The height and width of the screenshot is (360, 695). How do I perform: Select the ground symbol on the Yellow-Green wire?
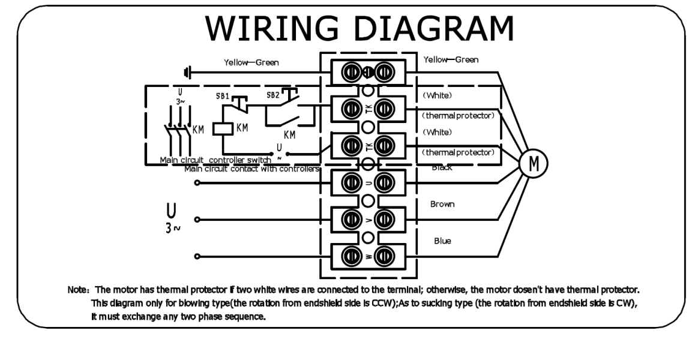click(x=187, y=73)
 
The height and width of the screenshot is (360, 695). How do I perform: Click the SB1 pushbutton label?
click(x=222, y=96)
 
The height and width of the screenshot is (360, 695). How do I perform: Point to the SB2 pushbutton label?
click(x=273, y=95)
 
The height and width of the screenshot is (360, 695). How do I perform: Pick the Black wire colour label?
click(x=442, y=167)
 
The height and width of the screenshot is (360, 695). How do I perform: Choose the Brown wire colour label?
click(x=442, y=204)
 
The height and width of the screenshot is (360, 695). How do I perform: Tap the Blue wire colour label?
click(x=442, y=241)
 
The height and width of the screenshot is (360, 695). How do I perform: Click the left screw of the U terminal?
click(x=349, y=182)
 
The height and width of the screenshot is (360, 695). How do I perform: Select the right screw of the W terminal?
click(x=384, y=256)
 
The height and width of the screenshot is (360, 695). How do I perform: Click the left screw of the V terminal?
click(x=349, y=219)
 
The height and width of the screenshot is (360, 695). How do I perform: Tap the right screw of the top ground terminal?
click(x=384, y=72)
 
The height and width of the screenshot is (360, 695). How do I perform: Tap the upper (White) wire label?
click(x=437, y=95)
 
